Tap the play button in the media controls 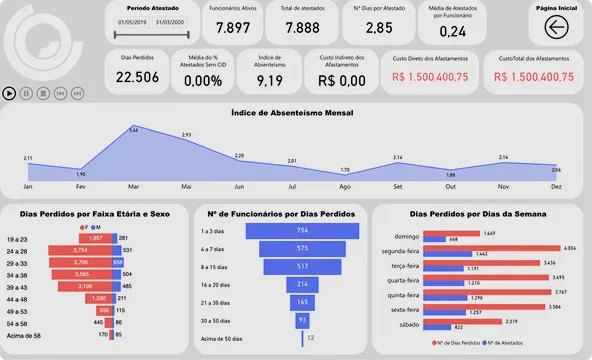coord(10,93)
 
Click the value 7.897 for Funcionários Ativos coord(233,28)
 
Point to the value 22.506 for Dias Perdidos coord(137,77)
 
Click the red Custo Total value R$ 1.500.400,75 coord(533,76)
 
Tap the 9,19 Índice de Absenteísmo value coord(270,78)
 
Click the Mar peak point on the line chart coord(134,136)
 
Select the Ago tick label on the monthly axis coord(344,187)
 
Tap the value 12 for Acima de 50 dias coord(311,338)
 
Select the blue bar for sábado coord(437,327)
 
